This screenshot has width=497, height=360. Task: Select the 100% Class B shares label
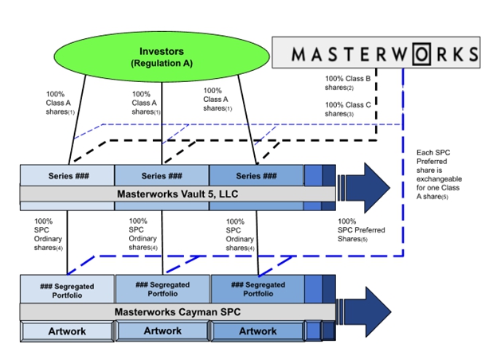point(348,83)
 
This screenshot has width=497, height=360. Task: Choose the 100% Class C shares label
point(348,109)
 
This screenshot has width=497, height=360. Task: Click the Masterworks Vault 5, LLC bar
point(177,194)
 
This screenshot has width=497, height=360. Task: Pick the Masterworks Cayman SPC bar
point(177,311)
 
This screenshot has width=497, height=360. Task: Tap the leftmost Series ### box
point(68,176)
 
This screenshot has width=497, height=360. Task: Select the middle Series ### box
point(162,176)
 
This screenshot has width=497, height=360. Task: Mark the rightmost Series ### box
point(256,176)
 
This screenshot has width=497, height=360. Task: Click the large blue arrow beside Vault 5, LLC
point(364,188)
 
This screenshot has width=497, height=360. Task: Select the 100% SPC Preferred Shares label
point(361,229)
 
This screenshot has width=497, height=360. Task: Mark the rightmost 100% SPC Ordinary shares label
point(241,234)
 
